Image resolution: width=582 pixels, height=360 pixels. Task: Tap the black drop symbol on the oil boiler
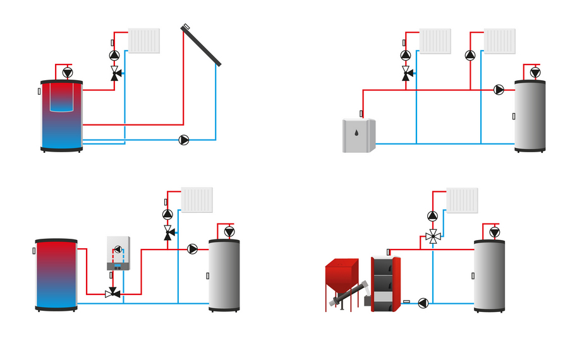[358, 134]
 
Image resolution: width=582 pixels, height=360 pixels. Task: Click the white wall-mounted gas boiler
[118, 253]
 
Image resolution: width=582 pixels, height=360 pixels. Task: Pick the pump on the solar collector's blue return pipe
[184, 140]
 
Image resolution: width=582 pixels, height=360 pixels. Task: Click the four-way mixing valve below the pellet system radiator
[432, 237]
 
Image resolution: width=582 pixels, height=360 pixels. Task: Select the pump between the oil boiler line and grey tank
[499, 90]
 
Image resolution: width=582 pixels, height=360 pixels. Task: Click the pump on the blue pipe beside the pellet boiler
[423, 303]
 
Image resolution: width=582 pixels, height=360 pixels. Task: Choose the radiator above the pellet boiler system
[462, 200]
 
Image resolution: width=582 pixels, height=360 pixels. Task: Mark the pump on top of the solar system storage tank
[68, 73]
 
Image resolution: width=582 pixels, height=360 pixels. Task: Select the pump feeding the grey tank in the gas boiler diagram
[193, 249]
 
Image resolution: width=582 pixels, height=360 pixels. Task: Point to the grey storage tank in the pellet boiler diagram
[490, 275]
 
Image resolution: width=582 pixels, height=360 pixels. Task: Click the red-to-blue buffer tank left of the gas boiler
[56, 275]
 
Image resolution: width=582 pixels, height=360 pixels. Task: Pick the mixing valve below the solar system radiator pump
[115, 75]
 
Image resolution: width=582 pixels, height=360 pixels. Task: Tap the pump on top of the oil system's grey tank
[535, 73]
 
